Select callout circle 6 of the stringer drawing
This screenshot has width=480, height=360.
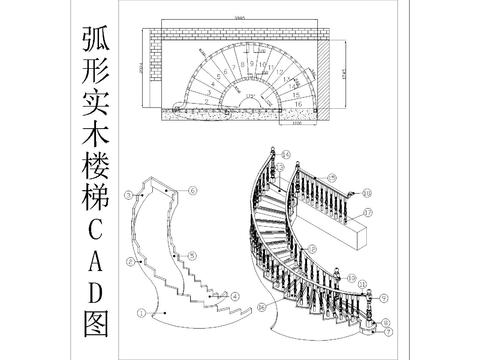193,189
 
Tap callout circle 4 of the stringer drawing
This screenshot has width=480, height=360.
234,296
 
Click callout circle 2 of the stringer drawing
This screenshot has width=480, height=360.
130,262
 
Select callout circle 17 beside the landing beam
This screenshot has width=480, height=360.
367,213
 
